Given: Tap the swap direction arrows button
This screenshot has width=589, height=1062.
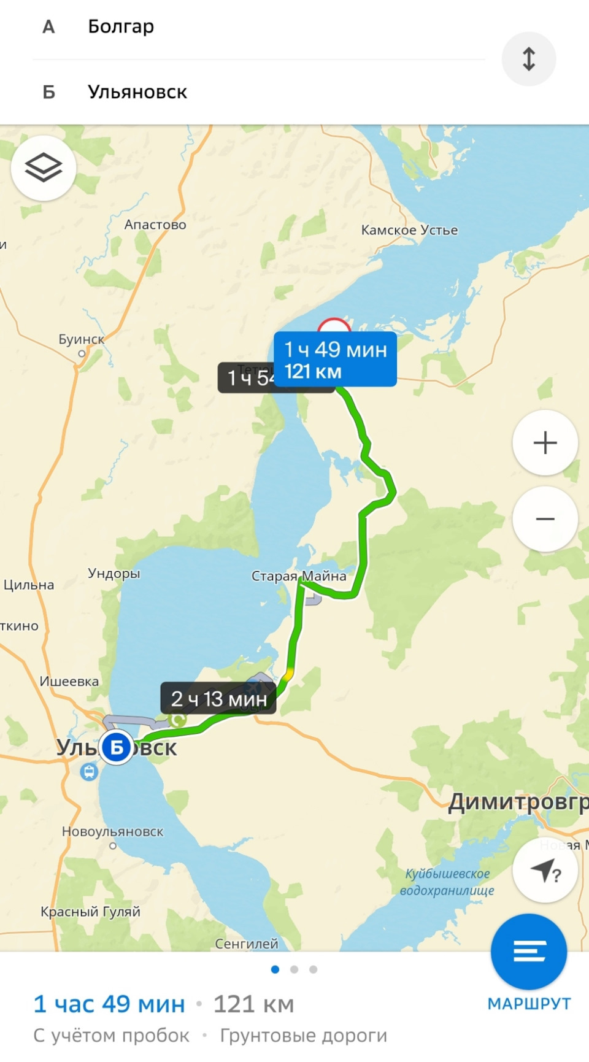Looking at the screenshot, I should tap(528, 59).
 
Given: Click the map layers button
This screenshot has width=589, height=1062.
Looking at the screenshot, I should tap(44, 167).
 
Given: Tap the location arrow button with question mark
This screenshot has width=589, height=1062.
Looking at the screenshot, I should tap(545, 871).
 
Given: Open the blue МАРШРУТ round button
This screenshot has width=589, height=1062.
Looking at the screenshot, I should tap(528, 952).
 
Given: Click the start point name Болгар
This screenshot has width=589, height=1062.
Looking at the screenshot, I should tap(121, 26).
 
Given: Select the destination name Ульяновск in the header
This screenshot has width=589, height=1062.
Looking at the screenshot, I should tap(137, 92).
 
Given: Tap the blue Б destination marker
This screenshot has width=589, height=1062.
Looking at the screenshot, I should tap(116, 747).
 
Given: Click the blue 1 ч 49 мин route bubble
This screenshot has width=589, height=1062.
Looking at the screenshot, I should tap(335, 360).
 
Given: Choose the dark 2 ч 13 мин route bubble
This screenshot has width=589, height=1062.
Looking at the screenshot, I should tap(218, 698).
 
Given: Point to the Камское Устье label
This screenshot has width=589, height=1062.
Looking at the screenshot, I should tap(409, 230).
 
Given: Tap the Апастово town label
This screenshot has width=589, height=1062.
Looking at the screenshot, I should tap(155, 225).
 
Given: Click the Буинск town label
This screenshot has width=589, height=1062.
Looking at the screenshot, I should tap(82, 339).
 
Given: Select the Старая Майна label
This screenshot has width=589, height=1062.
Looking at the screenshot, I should tap(299, 576).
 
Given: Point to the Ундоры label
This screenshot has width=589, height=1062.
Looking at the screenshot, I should tap(114, 573).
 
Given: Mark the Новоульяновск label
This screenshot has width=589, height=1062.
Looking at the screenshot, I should tap(113, 832).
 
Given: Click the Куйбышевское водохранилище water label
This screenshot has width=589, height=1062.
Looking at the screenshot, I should tap(447, 882).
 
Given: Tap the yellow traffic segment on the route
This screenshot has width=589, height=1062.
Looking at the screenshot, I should tap(287, 674).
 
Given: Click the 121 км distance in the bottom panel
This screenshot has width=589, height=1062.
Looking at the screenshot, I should tap(253, 1004).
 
